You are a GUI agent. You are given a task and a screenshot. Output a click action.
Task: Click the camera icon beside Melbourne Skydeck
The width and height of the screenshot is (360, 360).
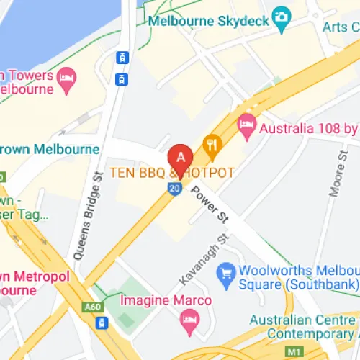click(x=282, y=15)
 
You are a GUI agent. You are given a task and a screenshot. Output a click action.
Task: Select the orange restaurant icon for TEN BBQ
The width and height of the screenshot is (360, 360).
click(x=211, y=145)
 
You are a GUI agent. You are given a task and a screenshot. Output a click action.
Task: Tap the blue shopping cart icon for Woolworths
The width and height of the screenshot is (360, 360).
click(x=228, y=272)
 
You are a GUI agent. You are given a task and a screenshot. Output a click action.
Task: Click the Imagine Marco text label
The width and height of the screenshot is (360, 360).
click(x=176, y=300)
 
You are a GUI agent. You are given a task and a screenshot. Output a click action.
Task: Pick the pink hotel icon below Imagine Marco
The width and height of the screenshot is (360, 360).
click(x=189, y=320)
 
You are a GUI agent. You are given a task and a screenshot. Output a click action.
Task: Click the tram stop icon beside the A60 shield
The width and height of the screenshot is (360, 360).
click(x=102, y=323)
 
